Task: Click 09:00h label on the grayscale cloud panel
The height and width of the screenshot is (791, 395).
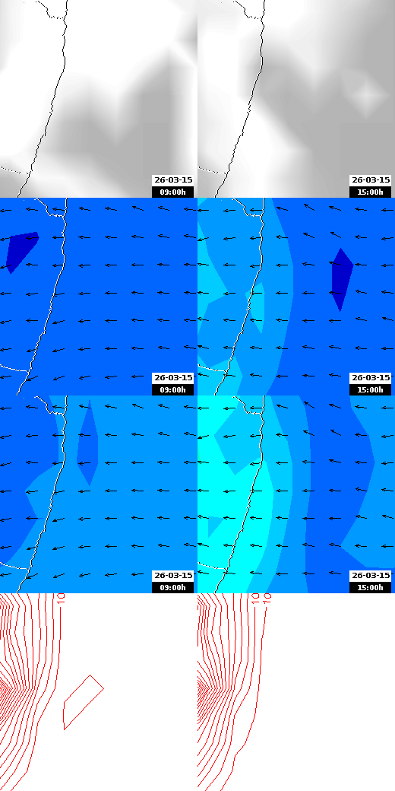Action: [173, 192]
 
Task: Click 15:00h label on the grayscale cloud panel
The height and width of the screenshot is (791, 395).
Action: [370, 192]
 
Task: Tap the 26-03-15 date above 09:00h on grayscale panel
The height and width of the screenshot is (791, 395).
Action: [173, 180]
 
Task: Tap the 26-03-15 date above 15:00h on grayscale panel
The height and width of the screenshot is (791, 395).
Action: [370, 180]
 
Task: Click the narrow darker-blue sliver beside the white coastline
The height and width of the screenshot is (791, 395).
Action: [87, 445]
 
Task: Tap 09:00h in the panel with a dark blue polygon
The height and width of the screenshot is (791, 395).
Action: [173, 389]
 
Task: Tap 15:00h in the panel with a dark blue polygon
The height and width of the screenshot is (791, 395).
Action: [370, 389]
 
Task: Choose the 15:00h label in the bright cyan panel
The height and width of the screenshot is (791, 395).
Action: [370, 587]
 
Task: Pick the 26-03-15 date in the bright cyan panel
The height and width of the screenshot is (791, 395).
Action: [370, 576]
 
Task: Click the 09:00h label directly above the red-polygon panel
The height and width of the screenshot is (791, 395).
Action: [173, 587]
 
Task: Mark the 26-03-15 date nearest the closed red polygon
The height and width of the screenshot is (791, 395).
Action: [173, 576]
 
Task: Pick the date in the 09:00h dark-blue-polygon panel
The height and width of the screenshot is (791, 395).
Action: [173, 378]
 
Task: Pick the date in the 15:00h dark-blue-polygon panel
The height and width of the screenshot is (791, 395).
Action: [370, 378]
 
